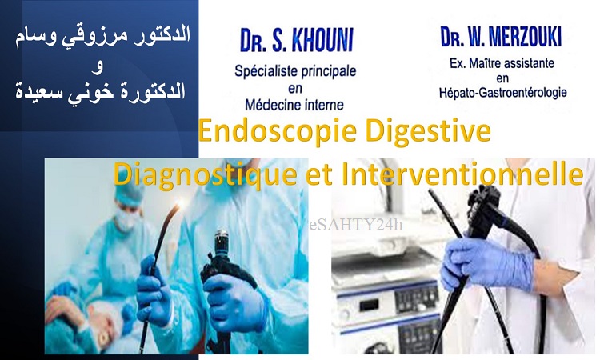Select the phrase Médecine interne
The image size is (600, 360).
click(294, 104)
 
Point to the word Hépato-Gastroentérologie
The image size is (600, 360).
click(502, 92)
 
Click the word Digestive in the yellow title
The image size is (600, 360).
click(428, 130)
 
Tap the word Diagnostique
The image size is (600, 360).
click(206, 175)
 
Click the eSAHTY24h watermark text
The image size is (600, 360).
click(356, 225)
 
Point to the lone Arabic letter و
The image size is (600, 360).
click(98, 68)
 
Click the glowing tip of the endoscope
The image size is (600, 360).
click(177, 207)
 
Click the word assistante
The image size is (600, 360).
click(530, 62)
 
